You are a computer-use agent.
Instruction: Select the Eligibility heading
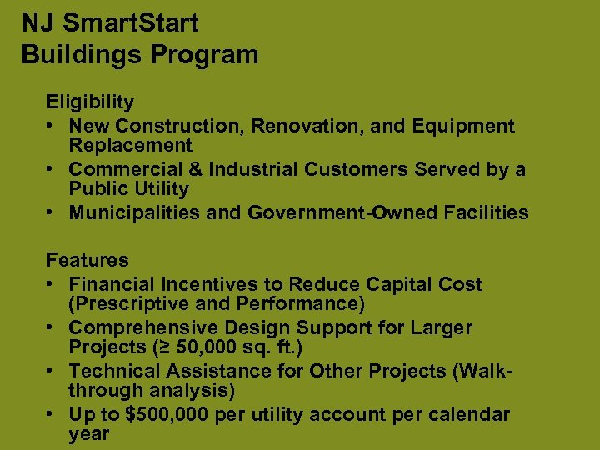pos(90,102)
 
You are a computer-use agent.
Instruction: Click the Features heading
pos(87,261)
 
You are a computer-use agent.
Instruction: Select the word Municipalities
pos(135,212)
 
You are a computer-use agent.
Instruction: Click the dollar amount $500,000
pos(170,414)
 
